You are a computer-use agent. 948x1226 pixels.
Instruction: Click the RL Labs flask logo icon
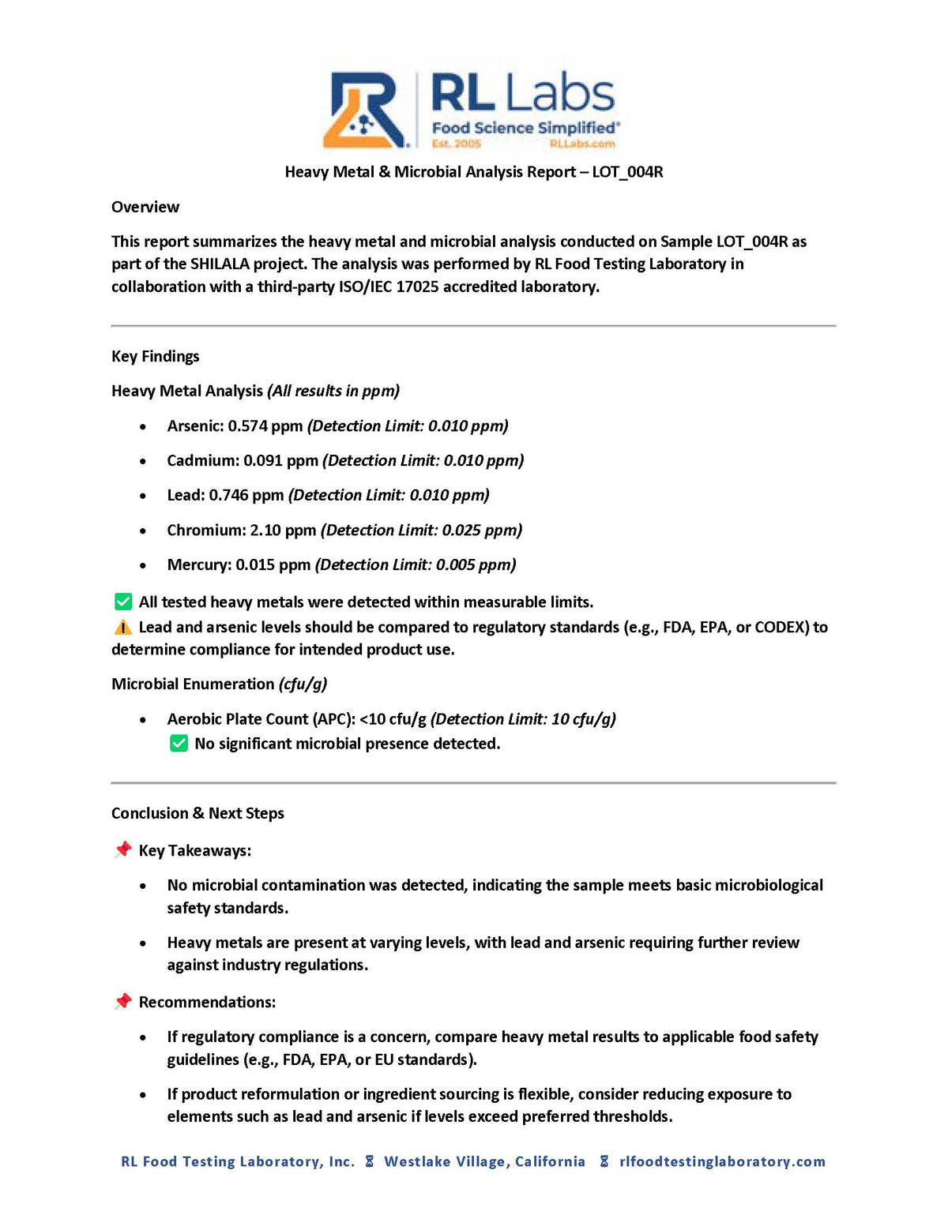(x=365, y=110)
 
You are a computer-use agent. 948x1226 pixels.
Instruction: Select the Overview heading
(x=145, y=207)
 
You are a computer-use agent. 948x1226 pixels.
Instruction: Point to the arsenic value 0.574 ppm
(x=265, y=426)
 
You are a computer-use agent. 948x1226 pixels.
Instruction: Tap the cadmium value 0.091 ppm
(x=280, y=461)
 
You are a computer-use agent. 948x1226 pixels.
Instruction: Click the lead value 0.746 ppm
(x=246, y=496)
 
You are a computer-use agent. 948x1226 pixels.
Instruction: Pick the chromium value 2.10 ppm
(x=283, y=531)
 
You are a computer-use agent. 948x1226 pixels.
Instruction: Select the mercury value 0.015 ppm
(x=273, y=565)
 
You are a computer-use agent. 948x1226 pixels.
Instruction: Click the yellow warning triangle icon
(x=123, y=628)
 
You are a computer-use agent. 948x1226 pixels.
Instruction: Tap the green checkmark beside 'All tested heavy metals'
(x=123, y=602)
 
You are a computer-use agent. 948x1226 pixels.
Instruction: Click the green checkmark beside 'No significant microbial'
(x=179, y=744)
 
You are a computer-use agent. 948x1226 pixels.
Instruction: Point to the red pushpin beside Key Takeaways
(x=123, y=850)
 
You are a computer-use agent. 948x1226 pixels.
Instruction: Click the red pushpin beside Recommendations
(x=123, y=1002)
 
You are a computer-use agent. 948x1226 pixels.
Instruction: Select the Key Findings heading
(x=156, y=356)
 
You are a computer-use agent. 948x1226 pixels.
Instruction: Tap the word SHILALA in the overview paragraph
(x=220, y=264)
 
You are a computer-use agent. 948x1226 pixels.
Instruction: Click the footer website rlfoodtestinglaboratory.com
(x=722, y=1161)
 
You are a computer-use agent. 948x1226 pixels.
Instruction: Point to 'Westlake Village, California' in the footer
(x=484, y=1161)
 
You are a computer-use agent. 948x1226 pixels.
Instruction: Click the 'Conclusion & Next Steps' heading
(x=197, y=813)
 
